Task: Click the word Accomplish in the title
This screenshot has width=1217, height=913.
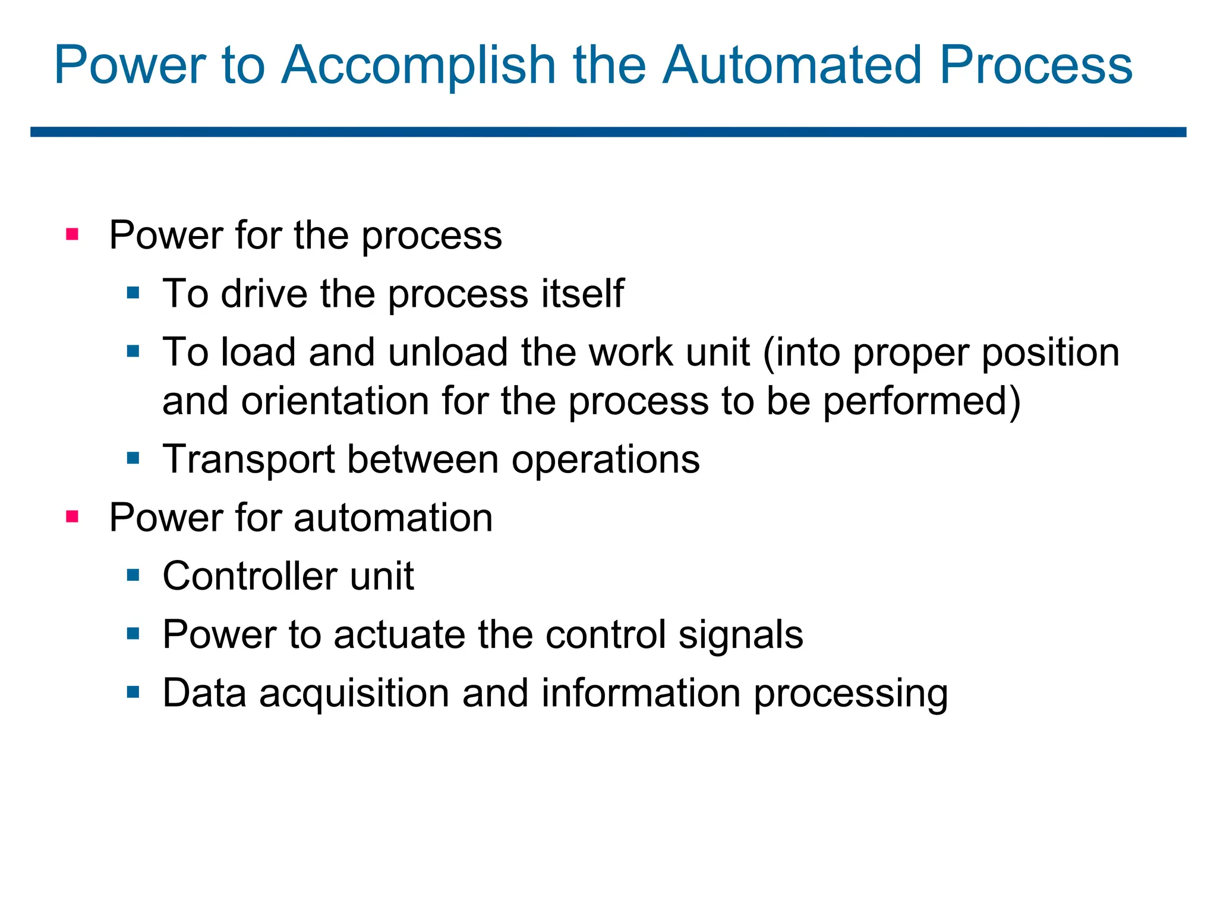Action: (x=418, y=65)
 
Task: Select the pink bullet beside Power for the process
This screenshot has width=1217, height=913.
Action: (x=72, y=234)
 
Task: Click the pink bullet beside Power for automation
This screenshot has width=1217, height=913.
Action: (x=72, y=516)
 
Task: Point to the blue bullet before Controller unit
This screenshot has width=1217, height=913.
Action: (x=133, y=575)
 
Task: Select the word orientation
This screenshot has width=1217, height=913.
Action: (x=335, y=401)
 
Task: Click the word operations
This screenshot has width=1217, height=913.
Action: (x=606, y=459)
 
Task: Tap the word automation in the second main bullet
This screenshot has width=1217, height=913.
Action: (x=393, y=518)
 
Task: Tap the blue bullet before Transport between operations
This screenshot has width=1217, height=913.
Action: (x=133, y=458)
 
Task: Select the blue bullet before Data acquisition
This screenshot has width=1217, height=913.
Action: (x=133, y=692)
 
